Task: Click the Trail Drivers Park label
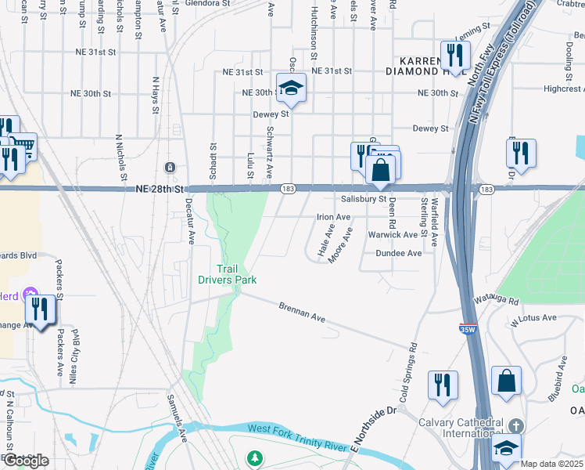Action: click(227, 274)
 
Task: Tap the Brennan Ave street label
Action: click(302, 312)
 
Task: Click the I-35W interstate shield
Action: click(468, 330)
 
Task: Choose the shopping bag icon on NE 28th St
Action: click(381, 169)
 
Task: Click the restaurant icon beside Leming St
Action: click(454, 55)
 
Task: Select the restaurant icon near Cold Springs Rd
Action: click(443, 386)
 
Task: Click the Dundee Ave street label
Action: click(399, 253)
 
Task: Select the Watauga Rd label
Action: click(497, 300)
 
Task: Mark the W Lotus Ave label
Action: click(533, 319)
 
